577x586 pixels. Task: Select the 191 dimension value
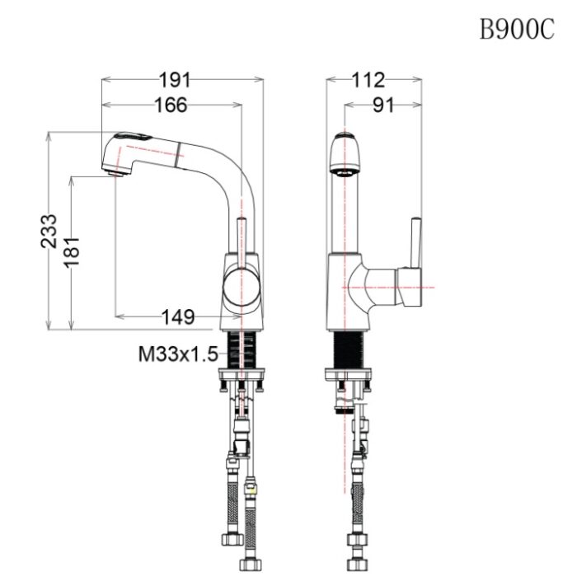(175, 80)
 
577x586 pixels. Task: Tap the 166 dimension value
(170, 105)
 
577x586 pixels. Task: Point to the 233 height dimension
(50, 230)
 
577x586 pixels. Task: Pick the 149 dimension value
(177, 316)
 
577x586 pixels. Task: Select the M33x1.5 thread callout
(177, 354)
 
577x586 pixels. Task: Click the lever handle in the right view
(415, 246)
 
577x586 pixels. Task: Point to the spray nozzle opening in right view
(344, 171)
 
